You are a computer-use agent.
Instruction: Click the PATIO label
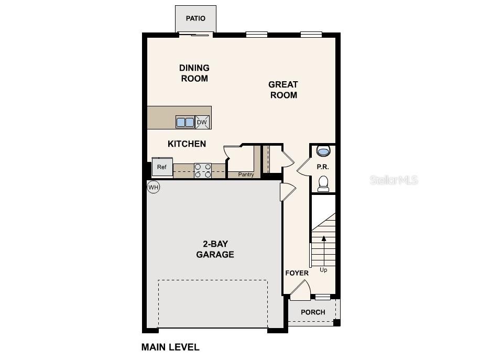click(x=195, y=19)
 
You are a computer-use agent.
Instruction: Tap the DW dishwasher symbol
click(x=202, y=122)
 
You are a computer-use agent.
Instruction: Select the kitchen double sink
click(x=185, y=122)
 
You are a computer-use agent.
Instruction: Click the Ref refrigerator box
click(x=162, y=167)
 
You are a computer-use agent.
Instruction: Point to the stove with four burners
click(x=203, y=171)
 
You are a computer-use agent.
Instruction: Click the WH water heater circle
click(x=153, y=187)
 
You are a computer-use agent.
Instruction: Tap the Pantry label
click(x=246, y=174)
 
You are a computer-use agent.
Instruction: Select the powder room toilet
click(x=323, y=183)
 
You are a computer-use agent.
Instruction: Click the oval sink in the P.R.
click(x=323, y=152)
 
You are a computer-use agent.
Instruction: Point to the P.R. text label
click(x=322, y=167)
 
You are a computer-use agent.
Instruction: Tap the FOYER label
click(x=297, y=273)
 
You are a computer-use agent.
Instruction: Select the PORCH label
click(x=313, y=312)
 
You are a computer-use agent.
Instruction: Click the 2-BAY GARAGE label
click(x=215, y=249)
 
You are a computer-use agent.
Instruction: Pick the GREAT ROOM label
click(x=283, y=90)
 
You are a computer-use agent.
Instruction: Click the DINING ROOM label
click(x=194, y=73)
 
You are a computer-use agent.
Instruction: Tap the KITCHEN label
click(x=187, y=144)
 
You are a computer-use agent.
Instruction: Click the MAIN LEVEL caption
click(x=170, y=347)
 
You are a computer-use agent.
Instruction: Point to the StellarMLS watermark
click(x=394, y=180)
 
